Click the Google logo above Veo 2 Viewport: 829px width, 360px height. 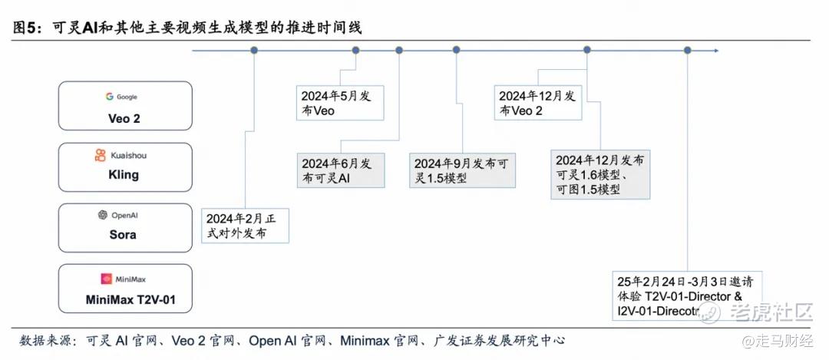(110, 97)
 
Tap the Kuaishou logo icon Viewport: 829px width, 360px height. (101, 155)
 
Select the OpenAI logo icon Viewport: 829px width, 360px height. (103, 215)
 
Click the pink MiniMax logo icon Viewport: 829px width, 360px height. (106, 279)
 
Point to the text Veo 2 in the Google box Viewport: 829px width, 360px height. (124, 118)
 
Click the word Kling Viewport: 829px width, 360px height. (124, 175)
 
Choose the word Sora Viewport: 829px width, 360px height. (123, 234)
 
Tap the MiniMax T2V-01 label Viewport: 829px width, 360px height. (130, 300)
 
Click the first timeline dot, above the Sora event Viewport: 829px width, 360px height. (254, 50)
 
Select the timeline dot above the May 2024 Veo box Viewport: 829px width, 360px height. (356, 50)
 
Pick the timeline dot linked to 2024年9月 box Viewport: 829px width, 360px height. (456, 50)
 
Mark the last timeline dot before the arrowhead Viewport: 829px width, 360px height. (687, 50)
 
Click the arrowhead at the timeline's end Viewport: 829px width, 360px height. (716, 50)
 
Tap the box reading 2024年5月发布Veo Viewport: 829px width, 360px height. (340, 104)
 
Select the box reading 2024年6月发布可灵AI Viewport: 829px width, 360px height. (341, 170)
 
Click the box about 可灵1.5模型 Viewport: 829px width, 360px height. (463, 170)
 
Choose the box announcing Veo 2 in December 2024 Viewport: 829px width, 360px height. (538, 103)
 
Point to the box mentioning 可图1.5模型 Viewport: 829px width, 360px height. (600, 175)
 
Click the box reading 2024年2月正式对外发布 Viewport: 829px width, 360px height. (246, 226)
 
